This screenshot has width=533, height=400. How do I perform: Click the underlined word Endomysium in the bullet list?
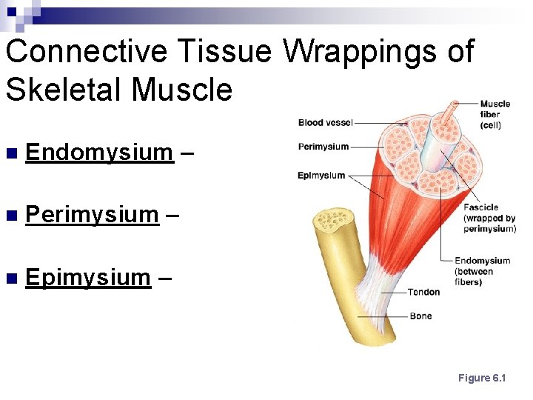click(x=98, y=153)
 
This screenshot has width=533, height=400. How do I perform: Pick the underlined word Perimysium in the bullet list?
click(x=92, y=215)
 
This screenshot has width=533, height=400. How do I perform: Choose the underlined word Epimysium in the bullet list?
click(x=88, y=278)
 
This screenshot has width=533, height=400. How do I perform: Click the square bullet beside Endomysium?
click(x=10, y=154)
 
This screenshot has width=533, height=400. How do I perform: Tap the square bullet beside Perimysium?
click(x=10, y=216)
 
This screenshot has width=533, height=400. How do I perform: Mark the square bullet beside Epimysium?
click(x=10, y=279)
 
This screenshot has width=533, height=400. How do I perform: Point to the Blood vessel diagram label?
click(x=325, y=122)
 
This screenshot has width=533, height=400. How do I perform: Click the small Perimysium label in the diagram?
click(x=323, y=147)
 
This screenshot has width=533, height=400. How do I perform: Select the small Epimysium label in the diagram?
click(x=321, y=176)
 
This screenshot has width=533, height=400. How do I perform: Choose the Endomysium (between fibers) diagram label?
click(x=482, y=271)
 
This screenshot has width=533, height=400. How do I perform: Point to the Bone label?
click(x=420, y=316)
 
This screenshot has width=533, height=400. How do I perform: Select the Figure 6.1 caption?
click(x=481, y=378)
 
